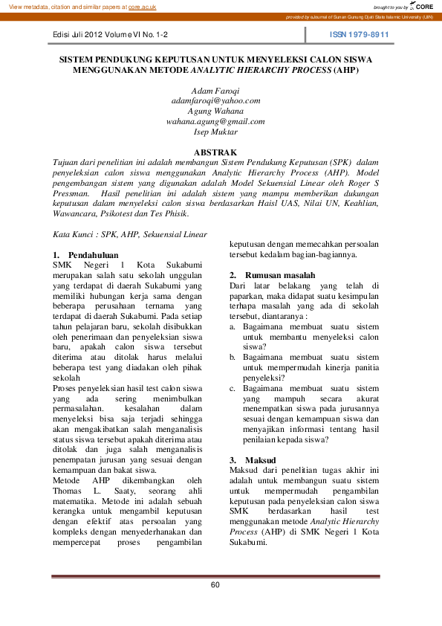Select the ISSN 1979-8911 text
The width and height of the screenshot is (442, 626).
(x=360, y=35)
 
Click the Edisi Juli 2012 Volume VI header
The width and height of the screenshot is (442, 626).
(x=111, y=35)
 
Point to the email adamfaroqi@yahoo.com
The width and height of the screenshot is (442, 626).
(x=215, y=100)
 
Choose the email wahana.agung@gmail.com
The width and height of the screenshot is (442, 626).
(x=215, y=121)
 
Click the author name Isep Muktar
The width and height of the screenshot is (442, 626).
(x=215, y=132)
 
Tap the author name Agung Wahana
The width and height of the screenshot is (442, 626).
(x=215, y=111)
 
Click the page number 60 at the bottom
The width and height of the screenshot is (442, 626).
(x=215, y=584)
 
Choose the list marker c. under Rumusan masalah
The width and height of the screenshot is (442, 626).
(x=233, y=387)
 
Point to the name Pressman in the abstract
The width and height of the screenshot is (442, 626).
(x=74, y=192)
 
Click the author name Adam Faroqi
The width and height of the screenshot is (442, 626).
(x=215, y=90)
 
